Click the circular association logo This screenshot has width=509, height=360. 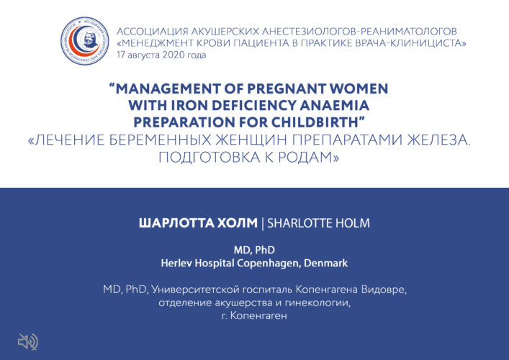(x=85, y=41)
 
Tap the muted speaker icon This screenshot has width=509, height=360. (x=28, y=342)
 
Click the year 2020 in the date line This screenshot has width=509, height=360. (x=174, y=55)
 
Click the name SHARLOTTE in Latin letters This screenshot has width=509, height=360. (x=299, y=223)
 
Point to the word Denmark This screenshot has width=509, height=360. (x=325, y=263)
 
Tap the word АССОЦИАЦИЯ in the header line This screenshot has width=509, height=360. (x=152, y=32)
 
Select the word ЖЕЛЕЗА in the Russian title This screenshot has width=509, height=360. (x=438, y=140)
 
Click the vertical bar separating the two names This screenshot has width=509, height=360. (x=262, y=224)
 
